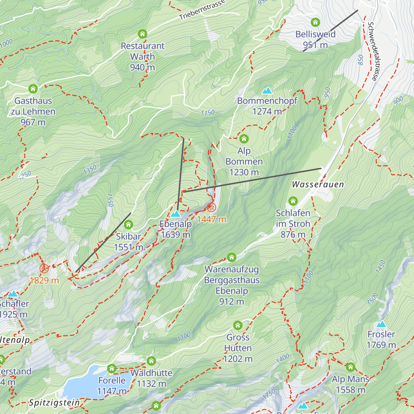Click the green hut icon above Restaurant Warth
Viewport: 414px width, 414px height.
[142, 34]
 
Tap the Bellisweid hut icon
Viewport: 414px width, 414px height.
[315, 22]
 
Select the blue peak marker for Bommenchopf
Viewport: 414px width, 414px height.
[267, 91]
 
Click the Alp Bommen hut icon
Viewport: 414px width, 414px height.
[244, 139]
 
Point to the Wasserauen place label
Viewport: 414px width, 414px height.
[318, 185]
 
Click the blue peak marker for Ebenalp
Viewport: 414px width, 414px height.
[176, 214]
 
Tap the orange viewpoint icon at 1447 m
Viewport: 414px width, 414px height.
[211, 208]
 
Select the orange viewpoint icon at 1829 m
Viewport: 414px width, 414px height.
[44, 268]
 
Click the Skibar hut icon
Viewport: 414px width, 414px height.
[128, 225]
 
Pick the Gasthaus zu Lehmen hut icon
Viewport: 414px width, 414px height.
[33, 89]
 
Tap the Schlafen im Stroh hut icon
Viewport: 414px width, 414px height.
[293, 201]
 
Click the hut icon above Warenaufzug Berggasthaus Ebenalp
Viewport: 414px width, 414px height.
[231, 257]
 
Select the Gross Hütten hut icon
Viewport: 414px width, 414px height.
[238, 325]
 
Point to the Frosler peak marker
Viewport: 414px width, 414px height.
[381, 324]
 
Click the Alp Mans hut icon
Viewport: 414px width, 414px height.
[351, 367]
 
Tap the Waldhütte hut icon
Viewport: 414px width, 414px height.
[151, 361]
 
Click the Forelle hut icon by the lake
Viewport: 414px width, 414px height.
[111, 368]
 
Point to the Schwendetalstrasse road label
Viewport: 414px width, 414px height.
[372, 51]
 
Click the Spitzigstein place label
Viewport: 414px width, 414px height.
[54, 403]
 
